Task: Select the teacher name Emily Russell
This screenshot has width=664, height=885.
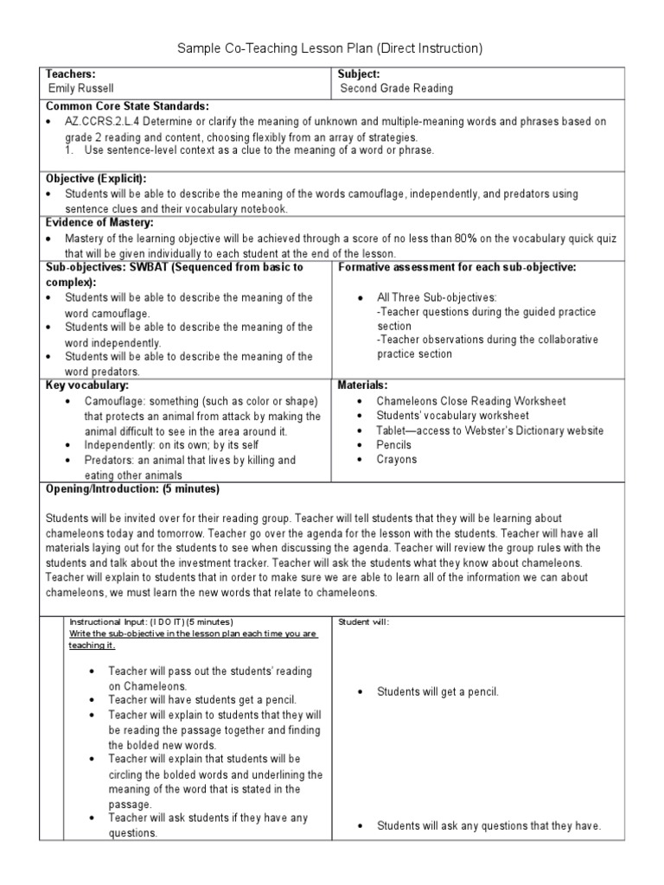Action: point(81,88)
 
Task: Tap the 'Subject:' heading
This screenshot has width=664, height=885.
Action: point(360,74)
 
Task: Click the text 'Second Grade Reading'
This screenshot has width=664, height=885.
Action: point(397,88)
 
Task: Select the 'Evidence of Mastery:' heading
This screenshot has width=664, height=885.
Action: point(99,222)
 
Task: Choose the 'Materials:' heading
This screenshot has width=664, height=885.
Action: point(362,385)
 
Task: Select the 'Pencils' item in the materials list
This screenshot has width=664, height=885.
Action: point(394,445)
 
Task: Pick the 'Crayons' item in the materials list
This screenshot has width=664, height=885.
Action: point(397,460)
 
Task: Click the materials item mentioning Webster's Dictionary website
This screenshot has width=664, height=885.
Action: point(490,430)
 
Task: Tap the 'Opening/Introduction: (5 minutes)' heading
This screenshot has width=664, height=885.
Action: point(132,489)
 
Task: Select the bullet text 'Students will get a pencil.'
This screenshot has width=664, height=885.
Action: point(437,691)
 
